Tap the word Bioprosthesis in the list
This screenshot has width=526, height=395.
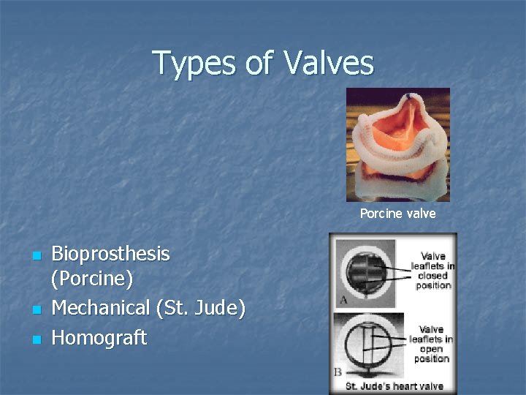(110, 255)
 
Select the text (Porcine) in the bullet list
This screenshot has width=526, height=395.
(92, 279)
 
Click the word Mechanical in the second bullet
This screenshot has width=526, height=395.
(100, 308)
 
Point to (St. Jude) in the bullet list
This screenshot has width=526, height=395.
(200, 308)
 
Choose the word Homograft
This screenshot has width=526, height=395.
(99, 338)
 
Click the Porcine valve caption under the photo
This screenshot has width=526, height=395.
(397, 214)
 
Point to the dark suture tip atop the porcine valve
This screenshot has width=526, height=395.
(408, 95)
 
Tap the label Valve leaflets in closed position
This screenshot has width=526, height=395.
(432, 271)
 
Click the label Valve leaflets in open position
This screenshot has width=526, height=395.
(431, 344)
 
